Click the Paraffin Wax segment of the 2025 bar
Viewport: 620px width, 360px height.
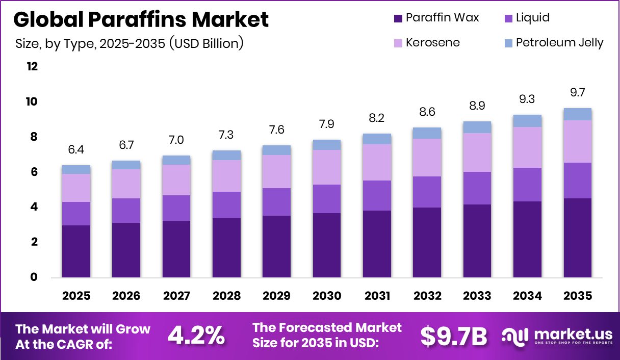(76, 251)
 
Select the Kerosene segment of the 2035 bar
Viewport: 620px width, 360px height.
(577, 141)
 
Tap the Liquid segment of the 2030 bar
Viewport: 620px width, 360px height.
(326, 199)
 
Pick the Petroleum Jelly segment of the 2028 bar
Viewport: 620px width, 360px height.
(226, 155)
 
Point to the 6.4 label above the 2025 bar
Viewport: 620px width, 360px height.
(76, 150)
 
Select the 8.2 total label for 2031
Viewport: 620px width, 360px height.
(377, 118)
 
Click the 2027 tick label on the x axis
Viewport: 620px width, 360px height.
(176, 296)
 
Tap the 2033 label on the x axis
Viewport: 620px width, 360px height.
(477, 296)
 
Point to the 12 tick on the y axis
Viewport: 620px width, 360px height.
(32, 67)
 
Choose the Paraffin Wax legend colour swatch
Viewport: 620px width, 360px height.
(398, 18)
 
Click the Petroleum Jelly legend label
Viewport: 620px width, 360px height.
(559, 42)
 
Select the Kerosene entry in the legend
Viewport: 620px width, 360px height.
(432, 42)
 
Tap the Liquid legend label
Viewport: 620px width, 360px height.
(532, 18)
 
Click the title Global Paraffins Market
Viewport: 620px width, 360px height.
(141, 19)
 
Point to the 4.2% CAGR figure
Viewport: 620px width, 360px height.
(196, 335)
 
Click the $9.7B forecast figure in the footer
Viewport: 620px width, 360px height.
(453, 335)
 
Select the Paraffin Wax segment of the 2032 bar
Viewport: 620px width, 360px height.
(427, 242)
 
